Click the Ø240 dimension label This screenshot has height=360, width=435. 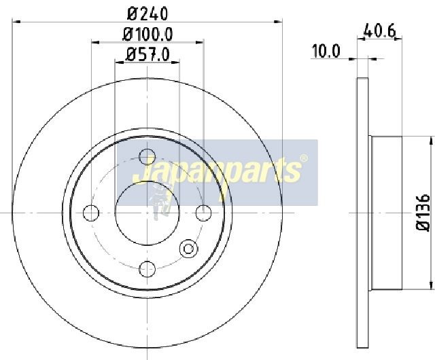(147, 14)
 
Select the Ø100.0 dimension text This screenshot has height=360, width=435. (147, 35)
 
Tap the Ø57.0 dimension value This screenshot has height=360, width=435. (147, 54)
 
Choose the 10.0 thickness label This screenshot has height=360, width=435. (326, 52)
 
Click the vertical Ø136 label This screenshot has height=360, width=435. (423, 212)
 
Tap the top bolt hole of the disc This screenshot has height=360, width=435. (147, 157)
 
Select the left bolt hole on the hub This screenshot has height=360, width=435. (91, 213)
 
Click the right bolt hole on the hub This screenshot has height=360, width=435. (204, 213)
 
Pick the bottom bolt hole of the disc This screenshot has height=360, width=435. (147, 269)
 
